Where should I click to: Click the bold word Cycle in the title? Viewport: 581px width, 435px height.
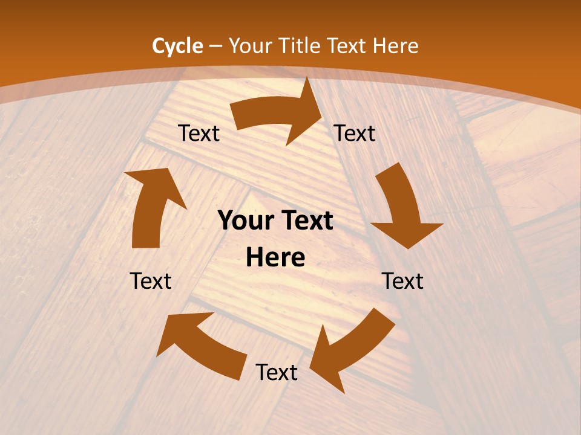coord(177,46)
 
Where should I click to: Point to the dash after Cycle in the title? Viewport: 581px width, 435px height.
coord(215,46)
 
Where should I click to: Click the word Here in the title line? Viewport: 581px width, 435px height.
coord(395,46)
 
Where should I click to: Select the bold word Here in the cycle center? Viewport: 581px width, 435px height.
coord(275,258)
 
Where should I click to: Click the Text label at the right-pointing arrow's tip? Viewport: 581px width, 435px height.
coord(355,134)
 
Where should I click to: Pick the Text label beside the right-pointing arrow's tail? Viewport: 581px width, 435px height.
coord(199,134)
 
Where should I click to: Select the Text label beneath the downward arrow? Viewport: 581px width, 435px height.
coord(402,281)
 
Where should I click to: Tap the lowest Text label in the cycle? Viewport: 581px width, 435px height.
coord(277,373)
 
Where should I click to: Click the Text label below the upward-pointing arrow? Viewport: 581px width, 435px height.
coord(151,281)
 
